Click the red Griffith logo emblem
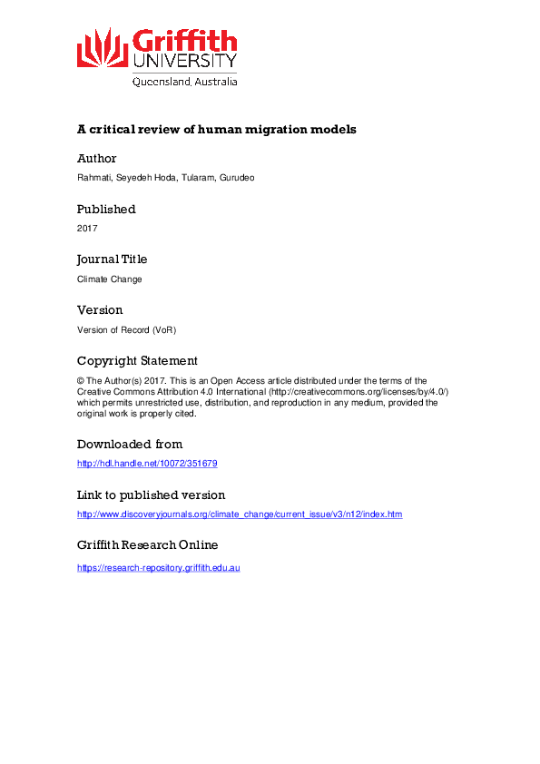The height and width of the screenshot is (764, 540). click(x=103, y=47)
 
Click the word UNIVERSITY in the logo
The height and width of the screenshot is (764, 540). click(x=185, y=61)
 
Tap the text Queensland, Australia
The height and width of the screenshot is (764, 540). click(x=185, y=82)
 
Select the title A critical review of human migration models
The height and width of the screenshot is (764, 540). click(x=217, y=130)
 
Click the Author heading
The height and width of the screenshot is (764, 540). click(x=97, y=159)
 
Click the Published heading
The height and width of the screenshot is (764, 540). click(x=106, y=210)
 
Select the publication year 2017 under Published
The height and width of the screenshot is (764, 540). click(x=87, y=229)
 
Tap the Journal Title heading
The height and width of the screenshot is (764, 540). click(x=113, y=260)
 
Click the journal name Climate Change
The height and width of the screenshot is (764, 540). click(x=110, y=279)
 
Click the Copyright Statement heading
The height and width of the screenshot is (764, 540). click(x=137, y=361)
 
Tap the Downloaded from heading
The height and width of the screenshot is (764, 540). click(x=130, y=445)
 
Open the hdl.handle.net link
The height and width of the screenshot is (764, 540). click(x=147, y=464)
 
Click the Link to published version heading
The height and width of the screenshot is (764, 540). click(x=151, y=495)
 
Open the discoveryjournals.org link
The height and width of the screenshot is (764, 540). click(x=240, y=514)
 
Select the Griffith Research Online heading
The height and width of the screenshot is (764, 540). click(x=147, y=545)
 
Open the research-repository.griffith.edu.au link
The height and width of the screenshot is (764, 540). click(x=158, y=568)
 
